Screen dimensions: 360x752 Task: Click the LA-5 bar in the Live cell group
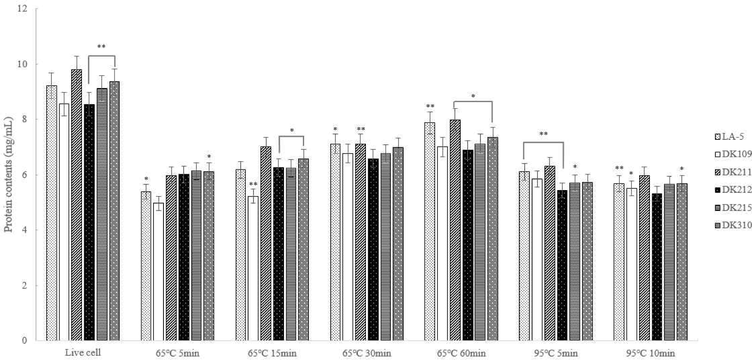(x=51, y=213)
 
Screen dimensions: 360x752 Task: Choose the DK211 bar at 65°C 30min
(x=360, y=242)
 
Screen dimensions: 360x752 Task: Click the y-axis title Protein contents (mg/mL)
(x=8, y=175)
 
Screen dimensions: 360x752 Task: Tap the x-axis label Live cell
(x=83, y=353)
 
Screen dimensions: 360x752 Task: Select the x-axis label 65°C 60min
(x=461, y=353)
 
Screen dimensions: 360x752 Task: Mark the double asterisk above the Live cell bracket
(x=101, y=47)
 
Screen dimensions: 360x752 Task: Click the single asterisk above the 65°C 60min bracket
(x=473, y=97)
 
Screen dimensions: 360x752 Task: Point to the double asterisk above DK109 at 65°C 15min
(x=253, y=185)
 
